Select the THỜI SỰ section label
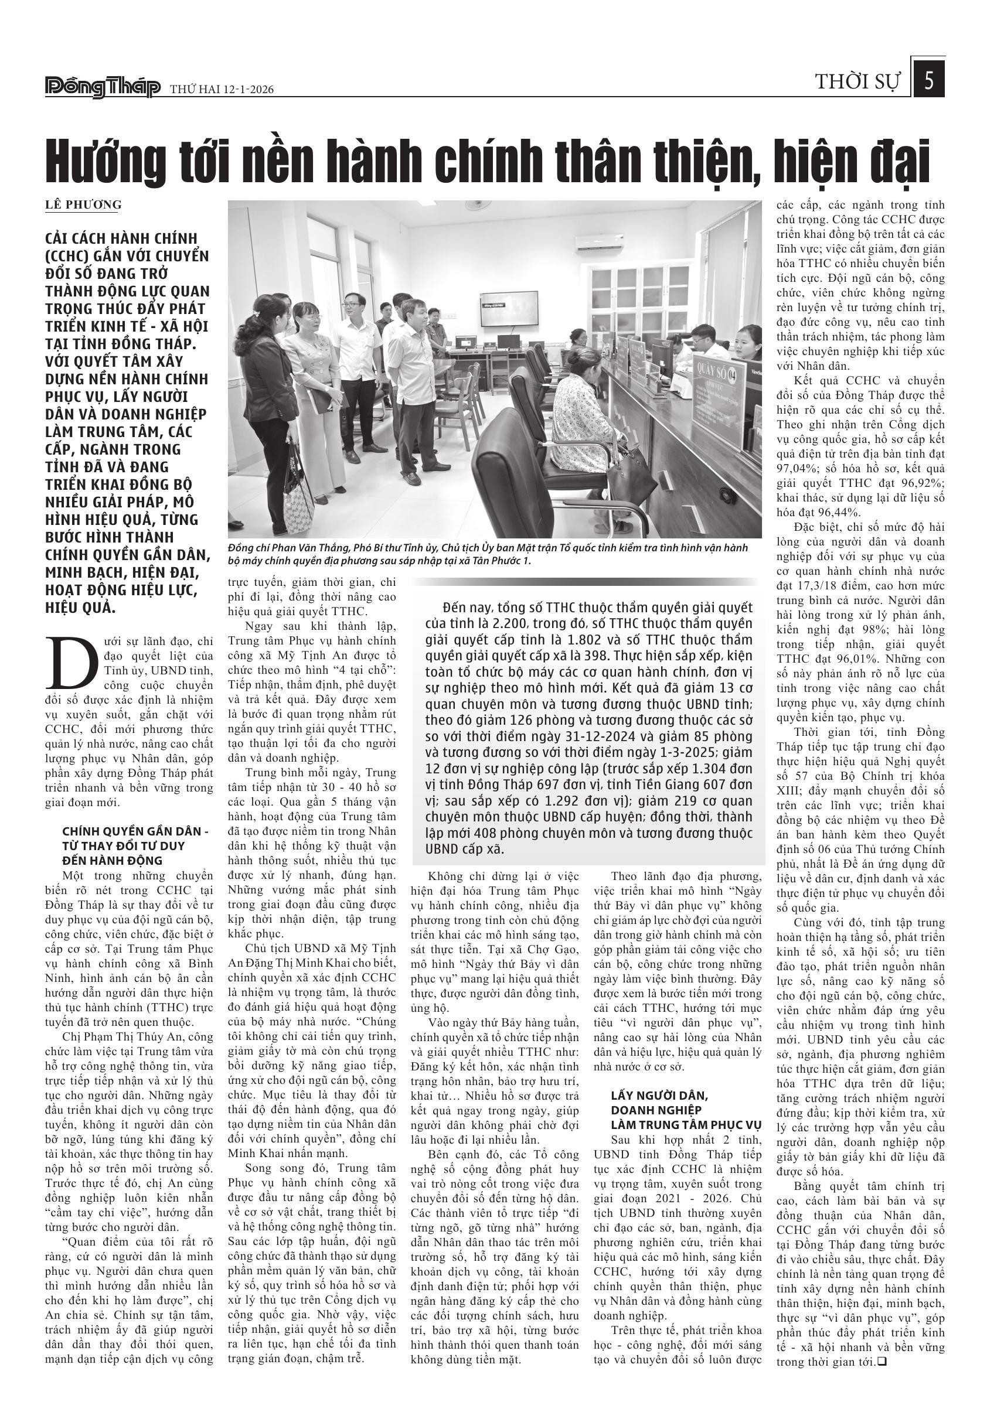[x=857, y=81]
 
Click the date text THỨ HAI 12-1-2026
[x=222, y=90]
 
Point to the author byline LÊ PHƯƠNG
[x=83, y=205]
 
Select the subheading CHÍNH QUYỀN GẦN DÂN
[x=135, y=831]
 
